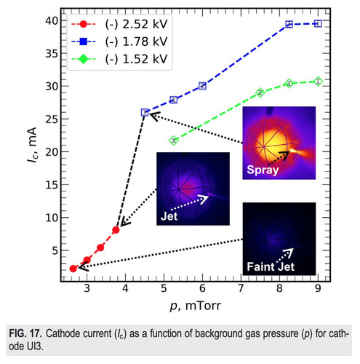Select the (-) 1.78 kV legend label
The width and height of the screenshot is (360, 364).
(136, 41)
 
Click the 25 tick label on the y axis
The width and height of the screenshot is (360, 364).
(52, 119)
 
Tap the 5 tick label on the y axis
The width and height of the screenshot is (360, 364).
(55, 250)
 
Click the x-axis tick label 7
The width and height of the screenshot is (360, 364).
(241, 288)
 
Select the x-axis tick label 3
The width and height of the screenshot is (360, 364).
(87, 288)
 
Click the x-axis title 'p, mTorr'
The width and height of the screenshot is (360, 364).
(196, 306)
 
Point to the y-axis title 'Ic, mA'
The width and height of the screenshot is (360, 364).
(32, 145)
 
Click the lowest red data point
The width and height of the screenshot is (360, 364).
(73, 269)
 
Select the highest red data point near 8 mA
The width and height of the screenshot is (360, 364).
(116, 230)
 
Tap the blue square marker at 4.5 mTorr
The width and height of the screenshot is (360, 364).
(145, 112)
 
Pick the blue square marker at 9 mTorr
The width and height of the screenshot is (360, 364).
(318, 23)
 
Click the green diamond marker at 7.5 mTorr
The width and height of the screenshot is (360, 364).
(260, 92)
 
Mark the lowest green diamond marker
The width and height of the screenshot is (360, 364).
(174, 141)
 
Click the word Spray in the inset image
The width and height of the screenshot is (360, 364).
(263, 170)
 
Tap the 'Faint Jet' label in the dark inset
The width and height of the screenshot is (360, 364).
(271, 266)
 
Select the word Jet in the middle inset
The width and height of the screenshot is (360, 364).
(169, 216)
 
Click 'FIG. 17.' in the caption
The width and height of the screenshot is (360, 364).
(25, 333)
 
